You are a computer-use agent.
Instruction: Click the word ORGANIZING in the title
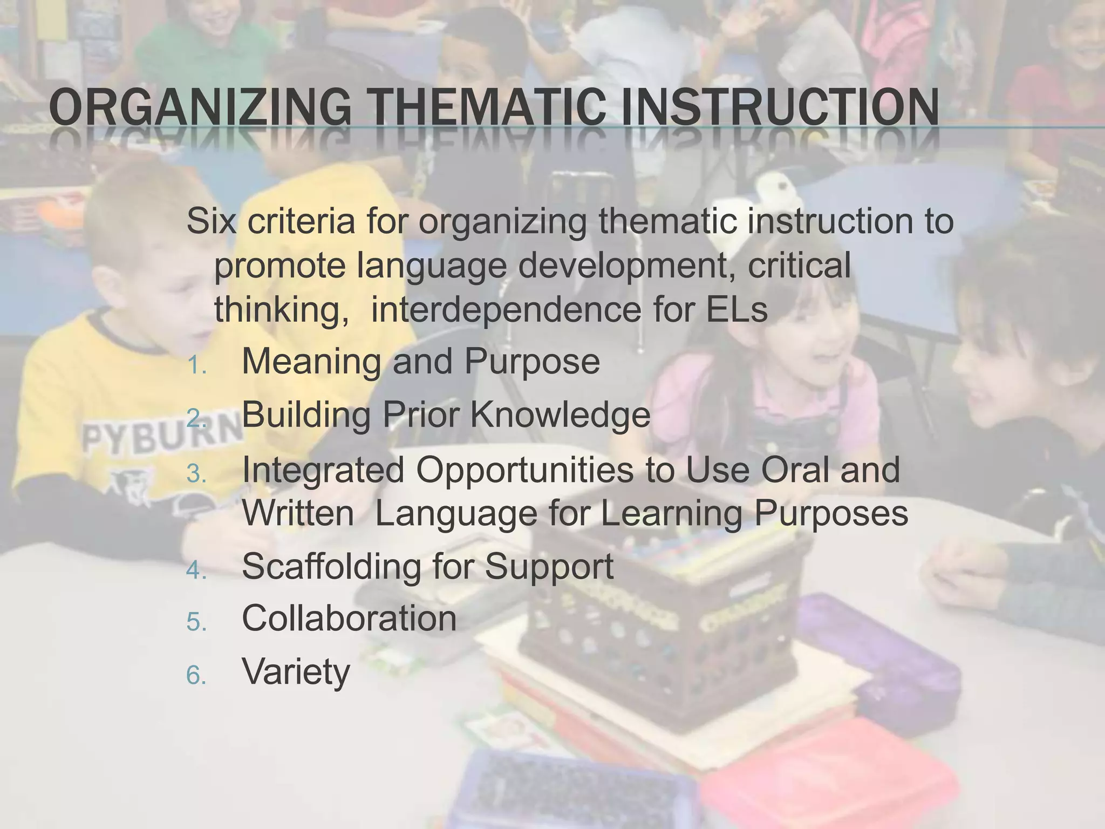click(x=199, y=107)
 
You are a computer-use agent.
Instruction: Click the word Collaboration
click(x=349, y=618)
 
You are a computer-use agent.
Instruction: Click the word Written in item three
click(x=298, y=513)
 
